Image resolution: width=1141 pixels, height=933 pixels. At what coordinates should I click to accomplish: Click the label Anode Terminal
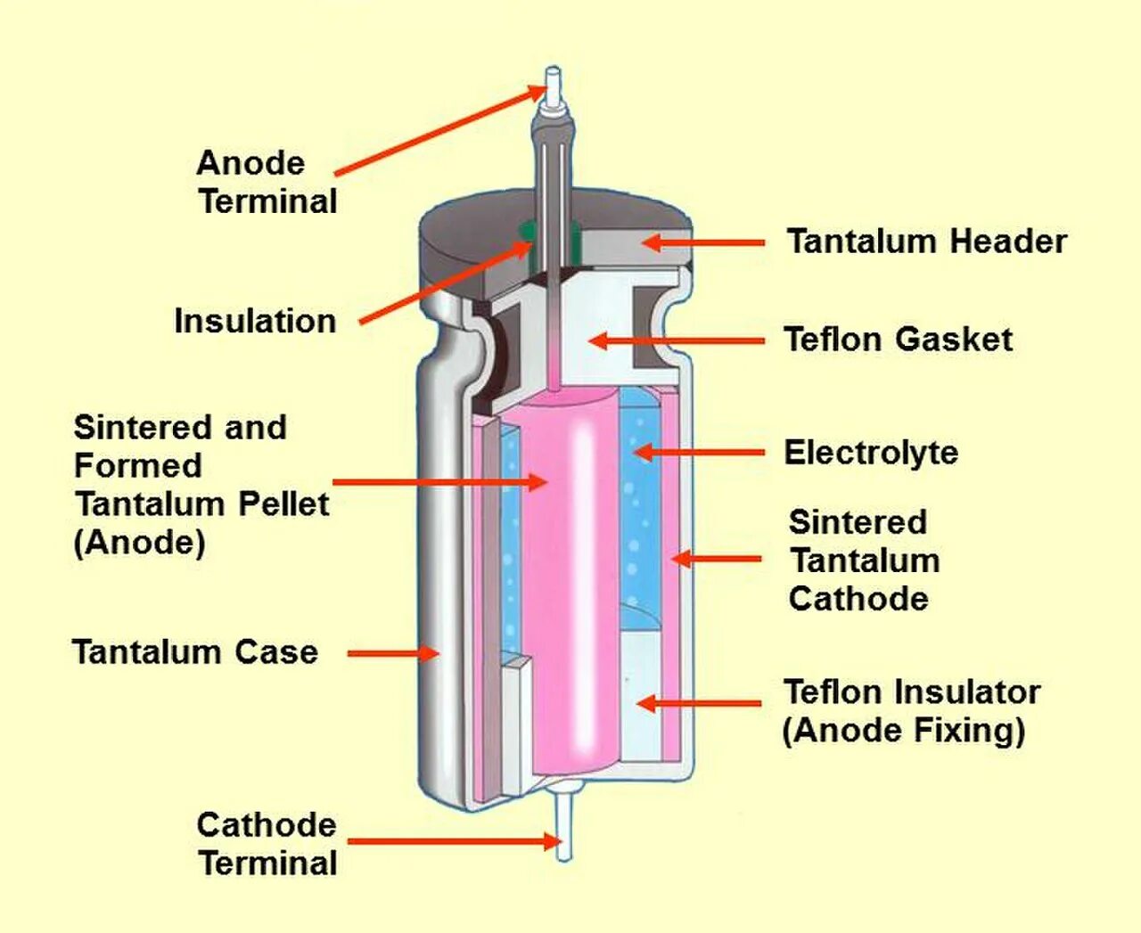[x=267, y=183]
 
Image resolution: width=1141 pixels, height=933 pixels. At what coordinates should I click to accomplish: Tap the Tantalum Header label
[x=926, y=241]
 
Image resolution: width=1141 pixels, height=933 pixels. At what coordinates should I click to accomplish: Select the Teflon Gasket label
[x=898, y=340]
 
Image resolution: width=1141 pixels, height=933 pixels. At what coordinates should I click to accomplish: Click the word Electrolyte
[x=871, y=453]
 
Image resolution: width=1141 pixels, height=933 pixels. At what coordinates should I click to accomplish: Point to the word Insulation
[x=255, y=321]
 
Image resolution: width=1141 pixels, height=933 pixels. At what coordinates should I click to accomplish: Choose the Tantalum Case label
[x=195, y=652]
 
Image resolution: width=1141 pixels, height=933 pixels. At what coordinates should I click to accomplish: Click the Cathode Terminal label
[x=267, y=844]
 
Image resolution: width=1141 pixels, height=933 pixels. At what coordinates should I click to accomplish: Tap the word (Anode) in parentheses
[x=139, y=543]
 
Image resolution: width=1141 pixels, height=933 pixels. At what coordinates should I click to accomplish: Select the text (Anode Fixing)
[x=904, y=731]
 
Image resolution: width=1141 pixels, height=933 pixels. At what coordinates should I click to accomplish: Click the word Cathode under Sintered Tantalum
[x=858, y=599]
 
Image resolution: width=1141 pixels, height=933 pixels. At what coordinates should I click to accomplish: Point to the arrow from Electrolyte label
[x=699, y=453]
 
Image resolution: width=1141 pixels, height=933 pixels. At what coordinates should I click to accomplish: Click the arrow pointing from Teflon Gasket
[x=677, y=340]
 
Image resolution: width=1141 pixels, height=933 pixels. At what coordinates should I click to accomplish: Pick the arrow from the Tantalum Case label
[x=392, y=653]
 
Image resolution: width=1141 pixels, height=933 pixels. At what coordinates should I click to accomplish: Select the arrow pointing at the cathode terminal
[x=453, y=840]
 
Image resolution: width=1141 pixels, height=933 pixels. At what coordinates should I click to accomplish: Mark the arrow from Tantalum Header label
[x=703, y=242]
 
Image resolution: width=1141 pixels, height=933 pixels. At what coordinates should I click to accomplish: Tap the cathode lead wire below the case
[x=563, y=824]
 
